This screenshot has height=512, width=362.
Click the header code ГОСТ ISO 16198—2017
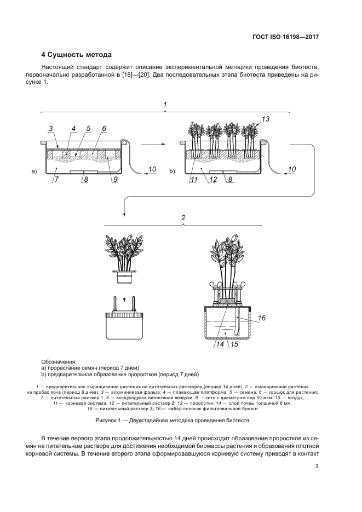pyautogui.click(x=286, y=37)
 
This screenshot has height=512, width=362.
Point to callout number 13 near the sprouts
pyautogui.click(x=266, y=119)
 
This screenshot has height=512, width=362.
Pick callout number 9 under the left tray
pyautogui.click(x=114, y=179)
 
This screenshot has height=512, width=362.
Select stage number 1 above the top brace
pyautogui.click(x=166, y=103)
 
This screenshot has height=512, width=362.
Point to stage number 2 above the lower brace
pyautogui.click(x=183, y=217)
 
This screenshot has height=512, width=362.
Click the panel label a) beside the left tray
pyautogui.click(x=34, y=171)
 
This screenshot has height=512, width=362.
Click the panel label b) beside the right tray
pyautogui.click(x=171, y=171)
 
